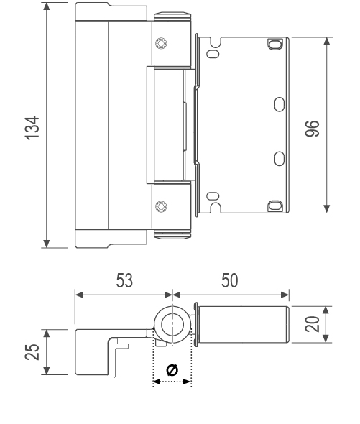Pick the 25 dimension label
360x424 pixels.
32,352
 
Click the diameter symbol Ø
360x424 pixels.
172,369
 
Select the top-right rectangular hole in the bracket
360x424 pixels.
274,45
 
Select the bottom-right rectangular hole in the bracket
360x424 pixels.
274,205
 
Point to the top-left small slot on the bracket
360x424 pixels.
212,52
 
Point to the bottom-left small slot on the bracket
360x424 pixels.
212,195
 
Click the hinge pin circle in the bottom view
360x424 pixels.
172,325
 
